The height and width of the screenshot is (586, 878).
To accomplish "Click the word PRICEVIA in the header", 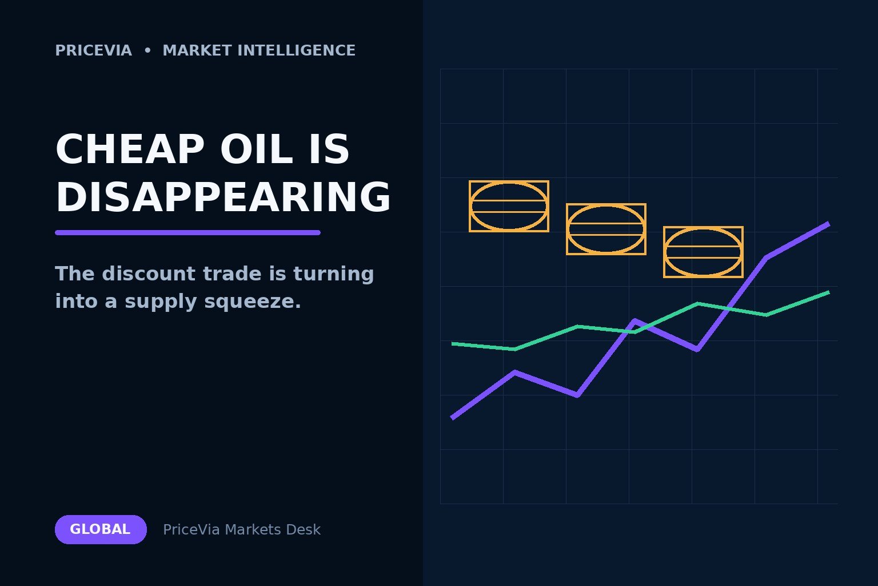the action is pyautogui.click(x=93, y=50).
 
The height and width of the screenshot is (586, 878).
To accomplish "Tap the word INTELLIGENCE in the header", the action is pyautogui.click(x=296, y=50).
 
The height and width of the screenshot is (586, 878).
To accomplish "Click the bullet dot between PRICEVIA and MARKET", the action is pyautogui.click(x=147, y=50).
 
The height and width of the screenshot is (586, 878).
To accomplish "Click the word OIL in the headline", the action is pyautogui.click(x=256, y=149).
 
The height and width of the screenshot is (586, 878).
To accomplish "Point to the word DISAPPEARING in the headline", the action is pyautogui.click(x=224, y=197).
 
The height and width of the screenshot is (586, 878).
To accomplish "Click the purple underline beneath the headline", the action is pyautogui.click(x=187, y=233).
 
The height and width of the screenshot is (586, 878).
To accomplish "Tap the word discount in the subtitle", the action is pyautogui.click(x=149, y=274).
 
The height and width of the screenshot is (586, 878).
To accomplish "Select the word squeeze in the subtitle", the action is pyautogui.click(x=253, y=302).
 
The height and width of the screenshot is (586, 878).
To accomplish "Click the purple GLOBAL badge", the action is pyautogui.click(x=101, y=529).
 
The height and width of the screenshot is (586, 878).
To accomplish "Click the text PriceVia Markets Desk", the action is pyautogui.click(x=241, y=530).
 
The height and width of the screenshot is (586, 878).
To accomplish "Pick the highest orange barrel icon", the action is pyautogui.click(x=509, y=206).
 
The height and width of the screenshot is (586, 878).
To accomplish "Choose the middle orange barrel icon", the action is pyautogui.click(x=606, y=229).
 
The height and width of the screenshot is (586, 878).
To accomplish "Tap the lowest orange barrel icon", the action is pyautogui.click(x=703, y=252).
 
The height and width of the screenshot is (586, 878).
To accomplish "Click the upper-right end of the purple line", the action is pyautogui.click(x=829, y=224).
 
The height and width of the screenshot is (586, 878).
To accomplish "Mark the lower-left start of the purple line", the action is pyautogui.click(x=452, y=418).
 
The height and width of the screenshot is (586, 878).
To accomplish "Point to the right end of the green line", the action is pyautogui.click(x=829, y=292).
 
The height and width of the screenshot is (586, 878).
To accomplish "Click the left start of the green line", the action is pyautogui.click(x=452, y=344).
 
